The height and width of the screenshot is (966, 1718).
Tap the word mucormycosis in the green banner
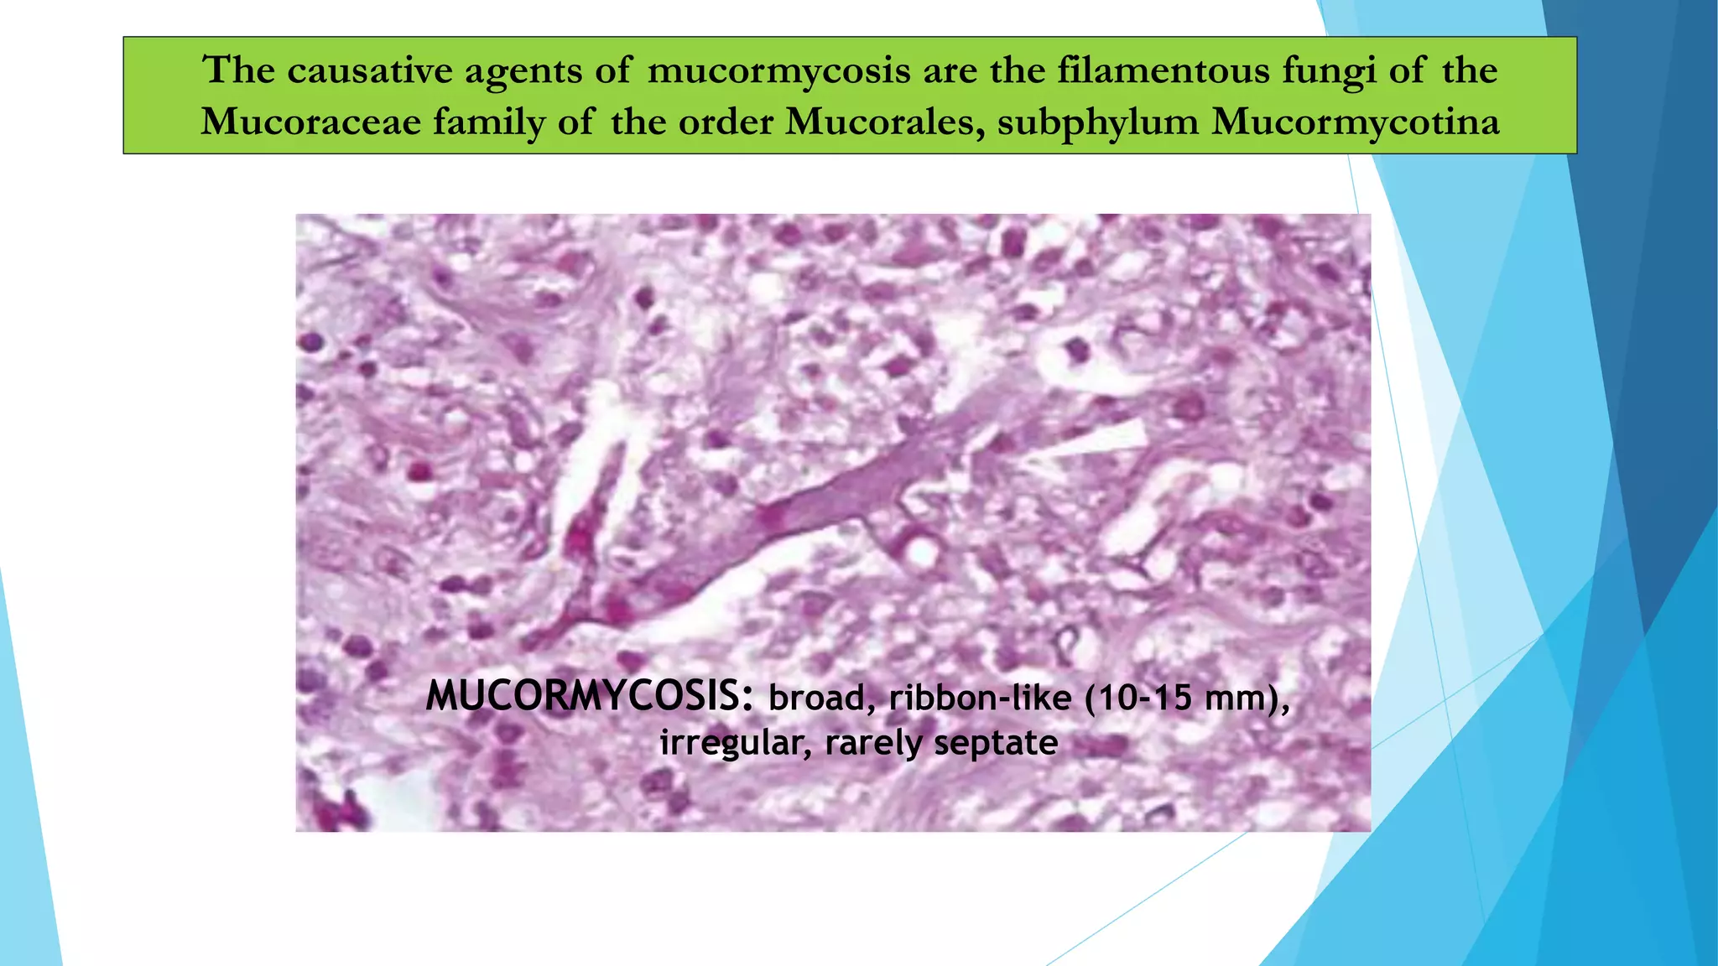point(779,70)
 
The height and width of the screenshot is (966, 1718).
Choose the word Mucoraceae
point(310,122)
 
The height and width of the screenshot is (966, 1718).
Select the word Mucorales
point(885,122)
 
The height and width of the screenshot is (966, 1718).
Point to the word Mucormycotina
point(1356,122)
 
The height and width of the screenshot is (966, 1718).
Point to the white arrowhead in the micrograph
point(1091,443)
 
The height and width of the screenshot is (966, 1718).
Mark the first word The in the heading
point(239,70)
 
